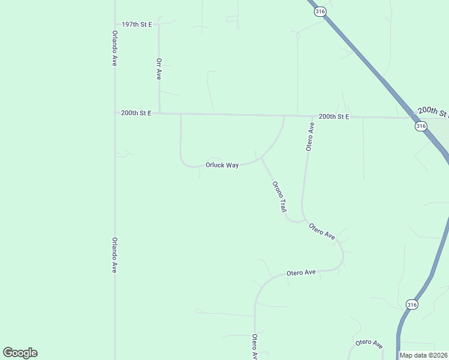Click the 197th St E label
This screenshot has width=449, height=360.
(x=136, y=24)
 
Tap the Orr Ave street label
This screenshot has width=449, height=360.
(x=159, y=69)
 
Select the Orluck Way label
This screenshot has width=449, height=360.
(x=222, y=165)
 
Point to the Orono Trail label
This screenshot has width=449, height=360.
(x=279, y=197)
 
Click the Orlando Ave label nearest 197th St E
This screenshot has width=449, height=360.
(x=114, y=48)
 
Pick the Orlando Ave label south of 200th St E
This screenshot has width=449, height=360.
(x=114, y=255)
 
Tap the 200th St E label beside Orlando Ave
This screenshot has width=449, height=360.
(x=136, y=113)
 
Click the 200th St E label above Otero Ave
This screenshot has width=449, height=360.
(x=334, y=116)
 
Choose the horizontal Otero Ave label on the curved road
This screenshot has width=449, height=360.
(x=301, y=272)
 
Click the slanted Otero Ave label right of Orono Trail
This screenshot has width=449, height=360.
(x=322, y=231)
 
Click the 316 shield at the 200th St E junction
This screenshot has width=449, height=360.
(x=420, y=126)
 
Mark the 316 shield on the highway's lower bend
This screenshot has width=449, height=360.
(x=411, y=305)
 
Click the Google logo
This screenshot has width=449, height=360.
(x=20, y=353)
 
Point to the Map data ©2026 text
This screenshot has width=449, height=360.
(x=423, y=355)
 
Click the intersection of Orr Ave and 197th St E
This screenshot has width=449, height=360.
(x=158, y=25)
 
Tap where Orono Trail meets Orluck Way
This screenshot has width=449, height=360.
(x=262, y=159)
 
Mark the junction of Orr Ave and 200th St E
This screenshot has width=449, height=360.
(x=159, y=113)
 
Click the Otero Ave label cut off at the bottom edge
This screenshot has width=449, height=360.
(x=255, y=347)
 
